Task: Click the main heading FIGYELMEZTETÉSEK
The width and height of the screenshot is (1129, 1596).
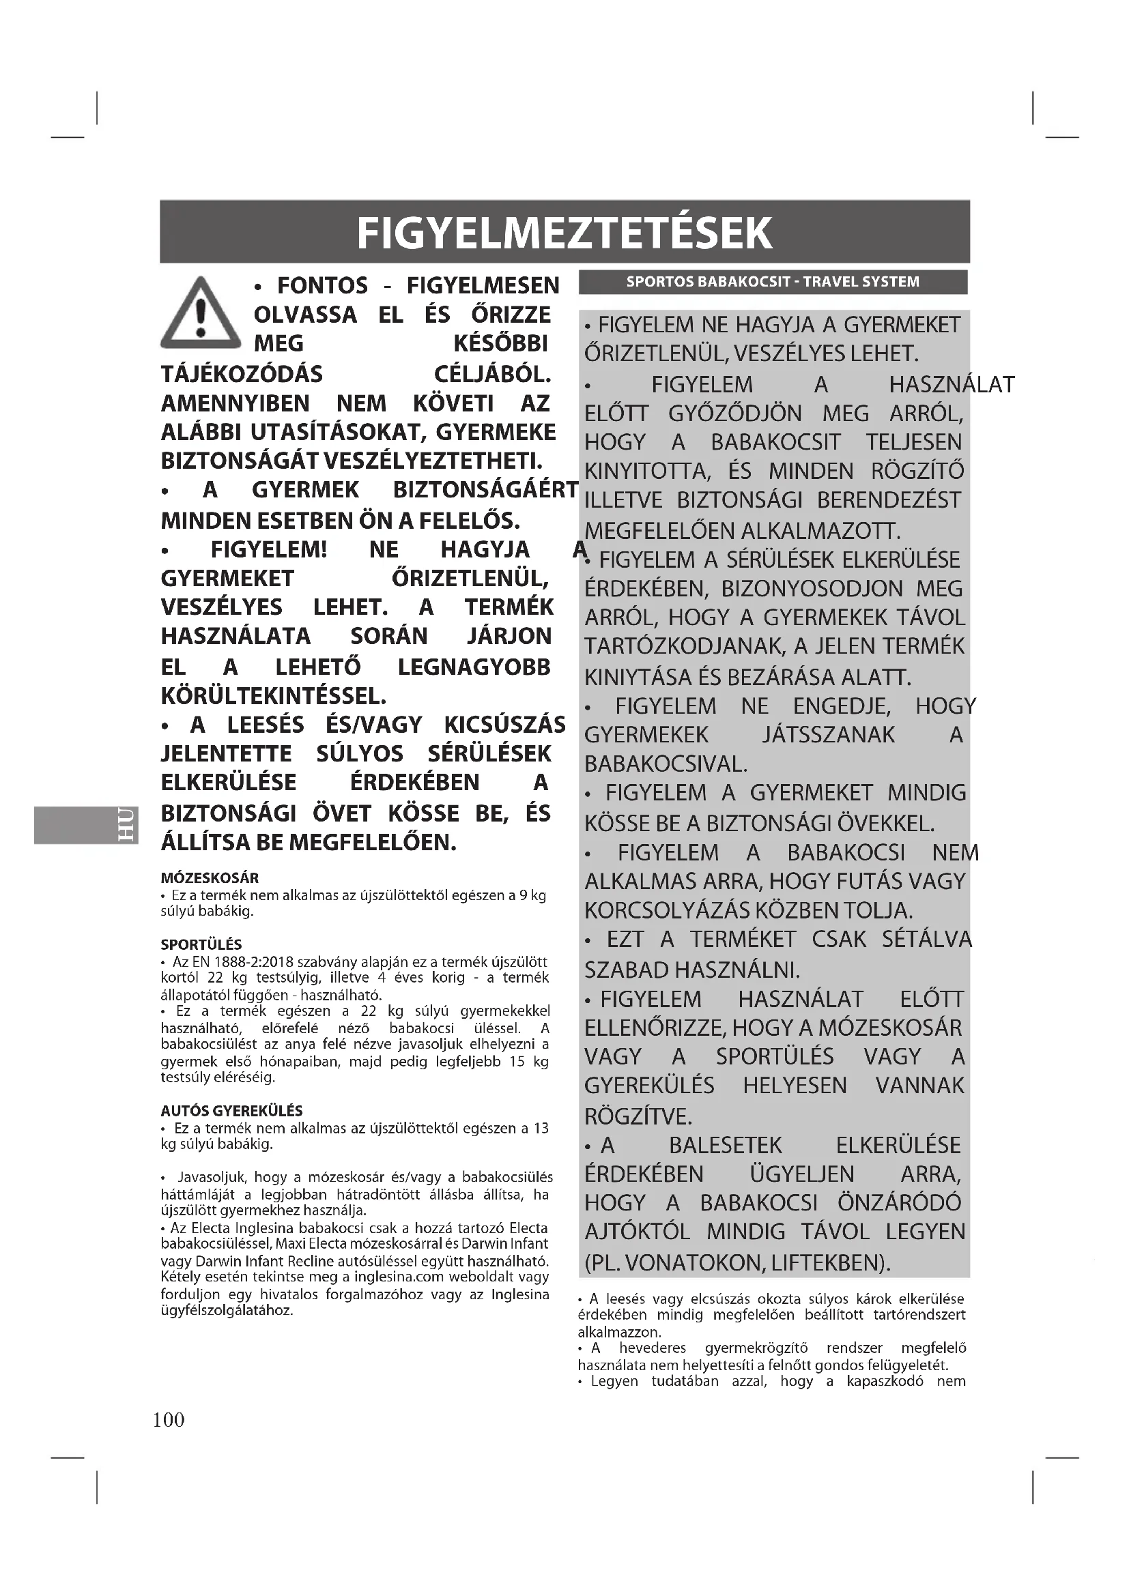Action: point(564,232)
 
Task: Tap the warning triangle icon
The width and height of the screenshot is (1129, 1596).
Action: point(200,314)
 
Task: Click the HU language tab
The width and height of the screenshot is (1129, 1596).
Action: point(126,824)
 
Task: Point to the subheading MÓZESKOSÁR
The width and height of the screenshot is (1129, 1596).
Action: point(210,877)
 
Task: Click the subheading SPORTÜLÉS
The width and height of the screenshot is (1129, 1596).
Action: point(201,944)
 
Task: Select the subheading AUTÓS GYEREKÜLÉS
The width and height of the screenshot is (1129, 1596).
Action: point(231,1111)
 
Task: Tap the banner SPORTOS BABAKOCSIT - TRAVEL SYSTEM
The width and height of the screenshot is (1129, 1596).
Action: point(773,282)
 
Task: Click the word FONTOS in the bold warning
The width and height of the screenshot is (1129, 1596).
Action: point(323,286)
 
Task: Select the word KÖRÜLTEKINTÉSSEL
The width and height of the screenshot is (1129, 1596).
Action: point(274,695)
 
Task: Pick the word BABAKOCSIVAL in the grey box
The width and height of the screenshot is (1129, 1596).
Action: point(666,764)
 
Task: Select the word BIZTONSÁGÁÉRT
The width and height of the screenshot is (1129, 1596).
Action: point(485,489)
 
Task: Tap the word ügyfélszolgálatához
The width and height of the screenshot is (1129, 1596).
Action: point(227,1310)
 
